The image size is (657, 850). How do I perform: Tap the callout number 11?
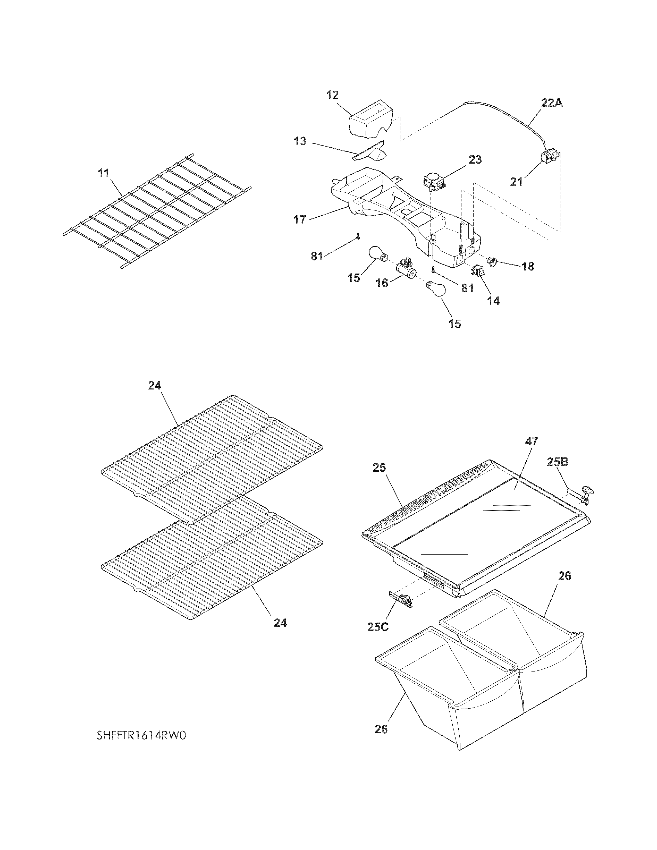[104, 173]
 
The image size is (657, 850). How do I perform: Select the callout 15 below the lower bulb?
[454, 324]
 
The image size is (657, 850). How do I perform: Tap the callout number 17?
[300, 219]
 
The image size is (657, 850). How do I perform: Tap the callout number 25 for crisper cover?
[379, 467]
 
